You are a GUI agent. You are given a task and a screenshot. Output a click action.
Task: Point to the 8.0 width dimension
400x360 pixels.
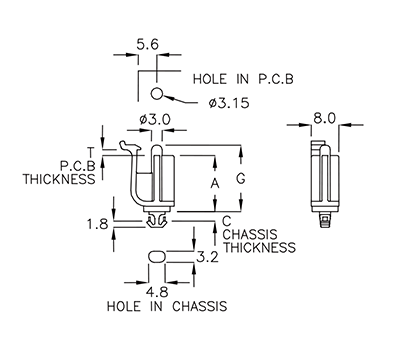click(x=323, y=118)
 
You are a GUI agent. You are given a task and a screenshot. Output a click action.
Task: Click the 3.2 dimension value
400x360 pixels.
click(x=208, y=256)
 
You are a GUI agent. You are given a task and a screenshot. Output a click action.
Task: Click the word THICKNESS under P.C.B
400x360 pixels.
click(x=60, y=180)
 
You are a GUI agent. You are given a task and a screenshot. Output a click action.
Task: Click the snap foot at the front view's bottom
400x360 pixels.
click(x=156, y=219)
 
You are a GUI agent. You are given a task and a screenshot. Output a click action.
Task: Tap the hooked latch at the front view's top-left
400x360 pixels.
click(x=127, y=150)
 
